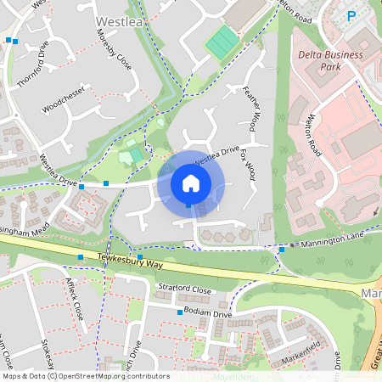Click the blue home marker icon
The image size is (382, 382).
[x=191, y=184]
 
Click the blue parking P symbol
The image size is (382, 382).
[x=351, y=14]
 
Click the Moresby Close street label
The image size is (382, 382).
[x=115, y=48]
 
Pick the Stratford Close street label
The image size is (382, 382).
[x=184, y=289]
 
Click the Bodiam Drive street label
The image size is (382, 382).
[x=209, y=313]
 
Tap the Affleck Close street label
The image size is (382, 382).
[x=75, y=301]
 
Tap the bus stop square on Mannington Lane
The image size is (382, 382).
[x=282, y=250]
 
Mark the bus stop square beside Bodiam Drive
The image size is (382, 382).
[x=179, y=312]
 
